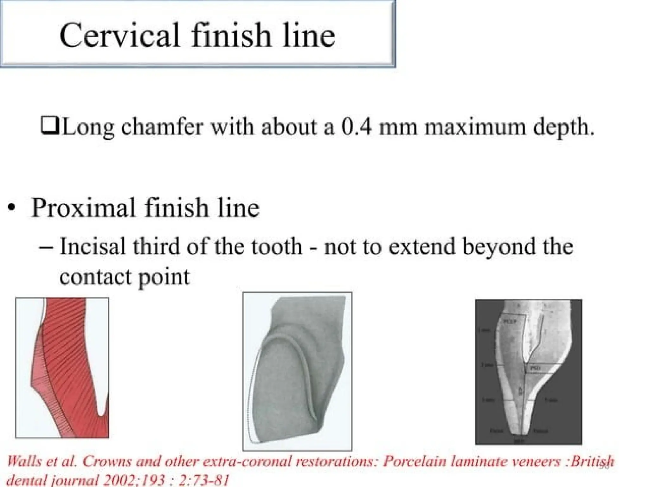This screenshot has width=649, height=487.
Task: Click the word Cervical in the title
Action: tap(120, 36)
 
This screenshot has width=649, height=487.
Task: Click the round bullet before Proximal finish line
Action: tap(12, 208)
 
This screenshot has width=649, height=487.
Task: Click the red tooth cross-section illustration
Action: tap(62, 367)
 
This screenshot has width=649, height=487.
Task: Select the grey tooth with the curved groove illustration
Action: tap(297, 371)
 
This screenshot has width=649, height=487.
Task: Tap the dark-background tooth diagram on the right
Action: tap(528, 372)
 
